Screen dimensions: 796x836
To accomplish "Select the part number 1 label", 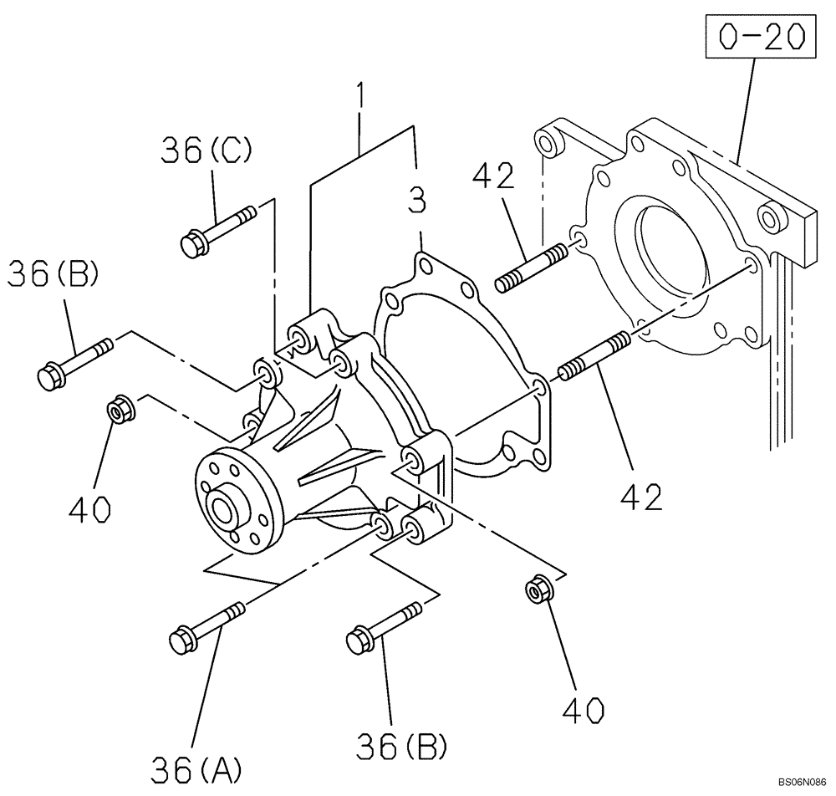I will tap(360, 99).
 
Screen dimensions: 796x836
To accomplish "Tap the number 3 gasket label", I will tap(417, 202).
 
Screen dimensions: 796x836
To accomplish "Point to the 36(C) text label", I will tap(196, 151).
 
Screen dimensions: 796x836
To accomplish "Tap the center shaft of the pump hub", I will tap(223, 510).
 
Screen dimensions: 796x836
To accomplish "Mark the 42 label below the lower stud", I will tap(641, 495).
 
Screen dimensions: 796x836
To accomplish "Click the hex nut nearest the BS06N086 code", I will tap(536, 590).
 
